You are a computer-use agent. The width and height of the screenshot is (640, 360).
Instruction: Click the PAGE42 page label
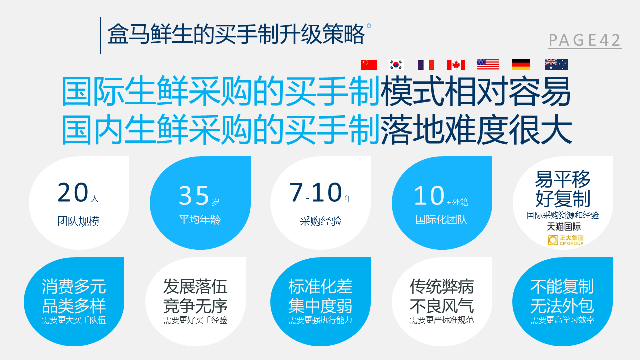(585, 40)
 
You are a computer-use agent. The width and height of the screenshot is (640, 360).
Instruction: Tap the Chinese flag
(369, 65)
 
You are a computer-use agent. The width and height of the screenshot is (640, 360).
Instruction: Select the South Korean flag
(396, 65)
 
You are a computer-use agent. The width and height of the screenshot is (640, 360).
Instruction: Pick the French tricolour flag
(426, 65)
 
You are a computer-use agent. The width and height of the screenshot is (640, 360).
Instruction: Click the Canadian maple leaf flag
(456, 65)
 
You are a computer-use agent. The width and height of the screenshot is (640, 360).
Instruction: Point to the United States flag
(488, 65)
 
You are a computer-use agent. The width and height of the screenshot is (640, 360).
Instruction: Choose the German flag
(521, 65)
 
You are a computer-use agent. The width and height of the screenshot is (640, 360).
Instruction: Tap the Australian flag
(557, 65)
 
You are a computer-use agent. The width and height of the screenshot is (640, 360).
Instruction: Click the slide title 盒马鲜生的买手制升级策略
(236, 34)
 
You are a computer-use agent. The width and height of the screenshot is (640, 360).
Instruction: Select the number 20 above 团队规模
(73, 192)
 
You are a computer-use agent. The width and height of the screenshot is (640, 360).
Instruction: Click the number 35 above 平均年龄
(194, 195)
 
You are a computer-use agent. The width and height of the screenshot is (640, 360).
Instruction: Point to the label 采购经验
(321, 221)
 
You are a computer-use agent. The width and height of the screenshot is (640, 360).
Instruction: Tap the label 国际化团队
(441, 220)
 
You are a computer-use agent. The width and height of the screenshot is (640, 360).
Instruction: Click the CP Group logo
(565, 240)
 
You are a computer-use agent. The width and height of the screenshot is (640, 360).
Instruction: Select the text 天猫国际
(564, 227)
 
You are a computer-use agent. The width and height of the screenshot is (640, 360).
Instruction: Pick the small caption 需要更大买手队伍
(74, 320)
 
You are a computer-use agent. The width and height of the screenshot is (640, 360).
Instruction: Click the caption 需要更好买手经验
(195, 320)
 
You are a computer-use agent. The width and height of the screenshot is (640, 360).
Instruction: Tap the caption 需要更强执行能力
(320, 320)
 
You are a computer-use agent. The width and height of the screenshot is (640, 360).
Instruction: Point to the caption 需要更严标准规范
(442, 320)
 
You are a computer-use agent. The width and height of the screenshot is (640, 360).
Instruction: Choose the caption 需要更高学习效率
(562, 320)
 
